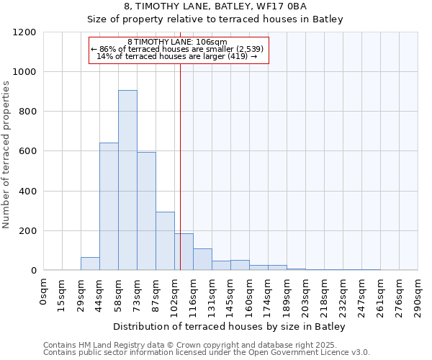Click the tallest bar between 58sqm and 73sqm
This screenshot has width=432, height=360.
click(127, 180)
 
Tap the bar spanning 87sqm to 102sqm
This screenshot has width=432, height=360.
click(165, 241)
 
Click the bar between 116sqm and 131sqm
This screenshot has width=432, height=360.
click(202, 259)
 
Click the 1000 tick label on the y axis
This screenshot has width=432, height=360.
click(25, 72)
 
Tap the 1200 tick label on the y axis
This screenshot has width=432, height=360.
click(25, 32)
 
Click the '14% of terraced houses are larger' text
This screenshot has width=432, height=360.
click(176, 56)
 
